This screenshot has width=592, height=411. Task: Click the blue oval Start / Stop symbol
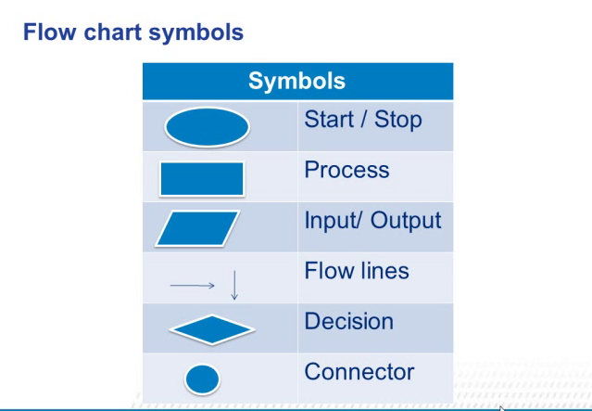pyautogui.click(x=207, y=128)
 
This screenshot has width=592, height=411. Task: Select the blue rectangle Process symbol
pyautogui.click(x=202, y=179)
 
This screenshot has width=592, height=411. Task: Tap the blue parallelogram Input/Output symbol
pyautogui.click(x=196, y=228)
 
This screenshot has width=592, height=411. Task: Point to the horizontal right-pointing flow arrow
pyautogui.click(x=193, y=286)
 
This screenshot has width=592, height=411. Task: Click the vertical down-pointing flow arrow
pyautogui.click(x=234, y=284)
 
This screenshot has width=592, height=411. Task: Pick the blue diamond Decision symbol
pyautogui.click(x=211, y=329)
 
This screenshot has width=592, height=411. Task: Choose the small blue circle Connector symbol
pyautogui.click(x=203, y=379)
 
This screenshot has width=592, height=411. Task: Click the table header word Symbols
pyautogui.click(x=296, y=81)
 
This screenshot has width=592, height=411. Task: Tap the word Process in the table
pyautogui.click(x=346, y=171)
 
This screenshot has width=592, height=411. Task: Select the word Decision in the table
pyautogui.click(x=348, y=322)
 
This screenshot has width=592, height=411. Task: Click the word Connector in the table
pyautogui.click(x=359, y=372)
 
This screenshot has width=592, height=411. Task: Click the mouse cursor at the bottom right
pyautogui.click(x=501, y=407)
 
